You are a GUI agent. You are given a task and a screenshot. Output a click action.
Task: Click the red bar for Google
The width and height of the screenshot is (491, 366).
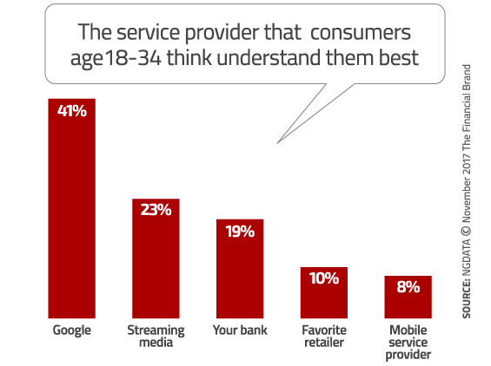pyautogui.click(x=72, y=208)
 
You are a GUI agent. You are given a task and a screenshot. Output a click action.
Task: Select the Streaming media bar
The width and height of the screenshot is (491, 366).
pyautogui.click(x=156, y=258)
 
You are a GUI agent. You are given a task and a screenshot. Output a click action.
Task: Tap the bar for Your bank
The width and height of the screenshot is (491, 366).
pyautogui.click(x=240, y=269)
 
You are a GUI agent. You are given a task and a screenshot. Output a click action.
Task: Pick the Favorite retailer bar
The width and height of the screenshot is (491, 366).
pyautogui.click(x=324, y=292)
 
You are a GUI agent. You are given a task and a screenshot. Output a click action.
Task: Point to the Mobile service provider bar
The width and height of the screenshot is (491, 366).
pyautogui.click(x=408, y=297)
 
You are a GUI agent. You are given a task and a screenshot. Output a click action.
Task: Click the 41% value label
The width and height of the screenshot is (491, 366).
pyautogui.click(x=72, y=111)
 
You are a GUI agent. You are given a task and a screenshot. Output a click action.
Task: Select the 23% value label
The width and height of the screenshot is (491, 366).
pyautogui.click(x=156, y=210)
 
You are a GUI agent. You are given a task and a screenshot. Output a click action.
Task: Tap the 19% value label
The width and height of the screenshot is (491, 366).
pyautogui.click(x=240, y=232)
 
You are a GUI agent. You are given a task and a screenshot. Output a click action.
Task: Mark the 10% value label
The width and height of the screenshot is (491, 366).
pyautogui.click(x=324, y=278)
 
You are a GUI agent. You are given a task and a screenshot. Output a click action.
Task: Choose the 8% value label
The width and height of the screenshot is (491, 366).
pyautogui.click(x=408, y=287)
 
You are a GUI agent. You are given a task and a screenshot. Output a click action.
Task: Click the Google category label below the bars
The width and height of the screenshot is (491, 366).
pyautogui.click(x=72, y=330)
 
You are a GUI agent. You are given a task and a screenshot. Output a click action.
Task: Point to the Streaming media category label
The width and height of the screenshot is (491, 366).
pyautogui.click(x=156, y=337)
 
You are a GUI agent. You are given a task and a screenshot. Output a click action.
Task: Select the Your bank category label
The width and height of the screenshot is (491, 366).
pyautogui.click(x=240, y=330)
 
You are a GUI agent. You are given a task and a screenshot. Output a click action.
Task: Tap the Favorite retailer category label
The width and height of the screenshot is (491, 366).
pyautogui.click(x=324, y=337)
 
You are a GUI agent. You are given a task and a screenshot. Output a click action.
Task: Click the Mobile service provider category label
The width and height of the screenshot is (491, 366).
pyautogui.click(x=408, y=343)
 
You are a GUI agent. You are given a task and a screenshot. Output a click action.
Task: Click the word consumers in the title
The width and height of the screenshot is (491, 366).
pyautogui.click(x=361, y=32)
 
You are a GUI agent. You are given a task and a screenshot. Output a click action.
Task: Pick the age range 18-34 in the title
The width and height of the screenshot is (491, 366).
pyautogui.click(x=132, y=58)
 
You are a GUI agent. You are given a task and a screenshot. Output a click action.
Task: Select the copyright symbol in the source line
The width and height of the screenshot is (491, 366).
pyautogui.click(x=466, y=231)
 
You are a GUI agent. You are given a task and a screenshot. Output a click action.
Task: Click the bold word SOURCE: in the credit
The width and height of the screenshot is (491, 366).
pyautogui.click(x=467, y=298)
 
